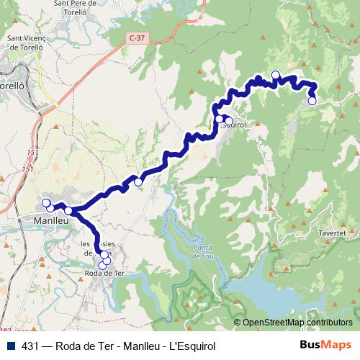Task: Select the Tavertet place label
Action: pos(332,234)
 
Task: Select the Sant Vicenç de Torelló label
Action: pos(27,42)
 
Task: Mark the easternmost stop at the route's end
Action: pos(312,101)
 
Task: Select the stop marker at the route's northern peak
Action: pos(275,75)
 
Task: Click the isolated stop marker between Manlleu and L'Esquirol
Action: pos(138,182)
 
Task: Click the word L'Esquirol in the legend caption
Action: pos(192,346)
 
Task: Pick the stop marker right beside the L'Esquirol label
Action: pos(228,120)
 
